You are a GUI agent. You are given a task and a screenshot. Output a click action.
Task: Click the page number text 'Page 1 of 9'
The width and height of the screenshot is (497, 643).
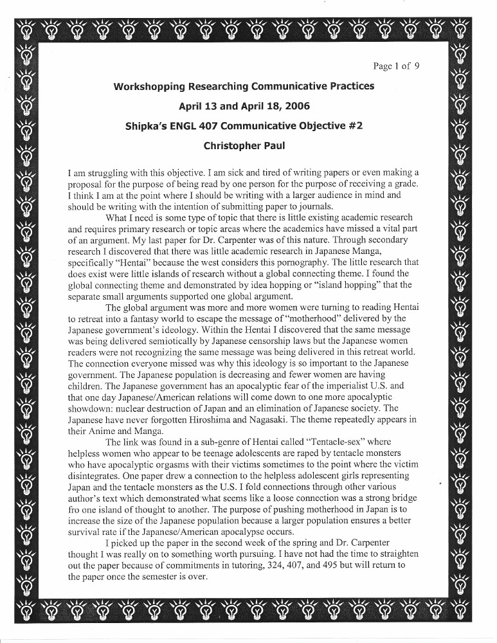[x=396, y=66]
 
